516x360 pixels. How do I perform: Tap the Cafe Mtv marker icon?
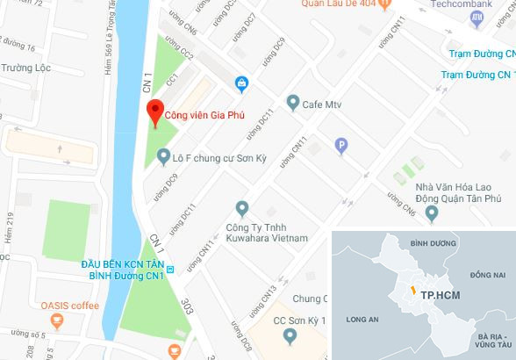point(293,104)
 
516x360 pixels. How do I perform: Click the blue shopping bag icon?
point(241,83)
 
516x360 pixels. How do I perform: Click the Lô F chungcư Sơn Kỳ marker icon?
point(161,157)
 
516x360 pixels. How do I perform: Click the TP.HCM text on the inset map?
point(435,296)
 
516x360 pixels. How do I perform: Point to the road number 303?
point(186,306)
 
